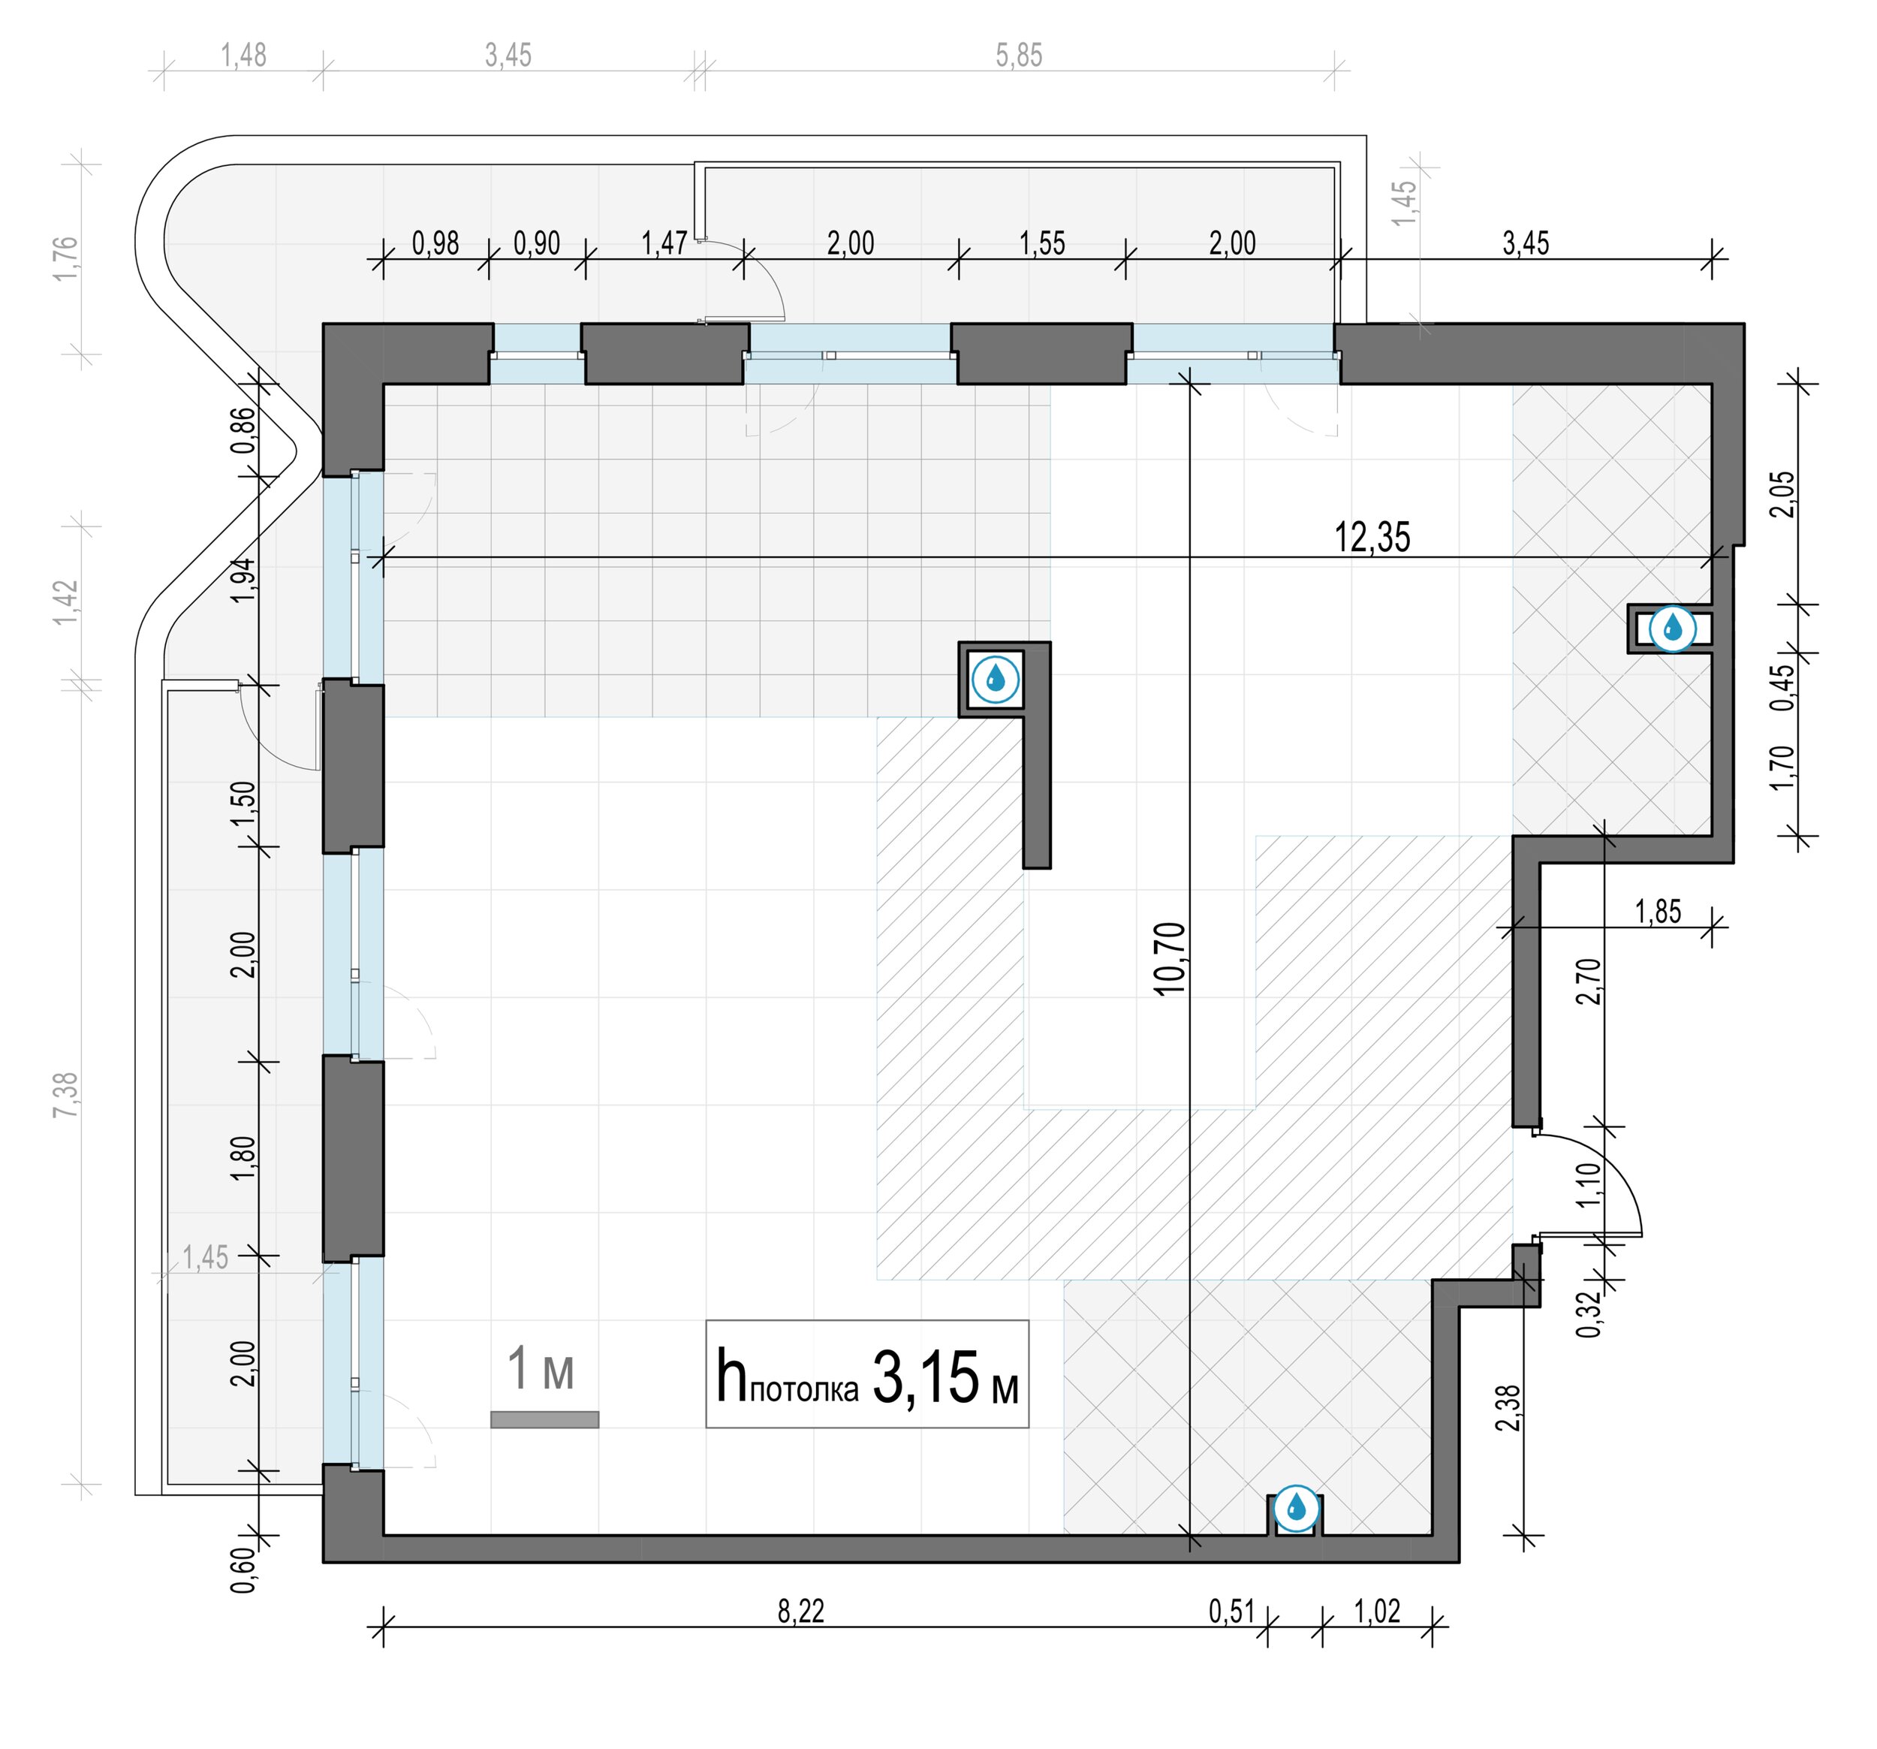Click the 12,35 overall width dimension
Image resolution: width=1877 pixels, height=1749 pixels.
(x=1372, y=538)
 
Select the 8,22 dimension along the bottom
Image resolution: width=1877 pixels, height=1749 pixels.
(x=800, y=1610)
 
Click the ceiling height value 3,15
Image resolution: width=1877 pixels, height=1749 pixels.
(x=925, y=1378)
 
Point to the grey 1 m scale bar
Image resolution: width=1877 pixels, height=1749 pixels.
(x=545, y=1419)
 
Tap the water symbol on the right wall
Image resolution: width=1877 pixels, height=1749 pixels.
(x=1671, y=627)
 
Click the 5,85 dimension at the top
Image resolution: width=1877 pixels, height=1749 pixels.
(x=1019, y=56)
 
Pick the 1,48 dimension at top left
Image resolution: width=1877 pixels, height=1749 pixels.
(x=243, y=56)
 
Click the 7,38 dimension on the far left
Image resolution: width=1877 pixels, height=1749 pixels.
(x=66, y=1096)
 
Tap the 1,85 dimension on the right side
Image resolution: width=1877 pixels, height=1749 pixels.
(x=1658, y=912)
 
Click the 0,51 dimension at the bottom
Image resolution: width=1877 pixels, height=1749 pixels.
(x=1231, y=1610)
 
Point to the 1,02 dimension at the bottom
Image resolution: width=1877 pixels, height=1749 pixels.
(x=1378, y=1610)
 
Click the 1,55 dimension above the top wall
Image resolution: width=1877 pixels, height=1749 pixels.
(x=1042, y=243)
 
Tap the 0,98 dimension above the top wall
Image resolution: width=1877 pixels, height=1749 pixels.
(x=435, y=243)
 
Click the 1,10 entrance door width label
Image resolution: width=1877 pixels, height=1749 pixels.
(x=1588, y=1184)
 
